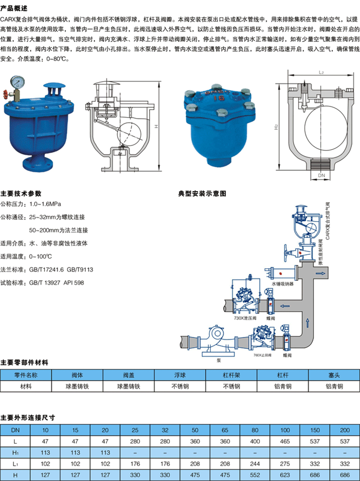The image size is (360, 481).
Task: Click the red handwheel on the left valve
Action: [5, 92]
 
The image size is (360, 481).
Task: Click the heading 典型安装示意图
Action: [202, 194]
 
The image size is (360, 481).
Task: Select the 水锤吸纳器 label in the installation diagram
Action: [282, 284]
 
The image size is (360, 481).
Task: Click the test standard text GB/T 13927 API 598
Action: [56, 283]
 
